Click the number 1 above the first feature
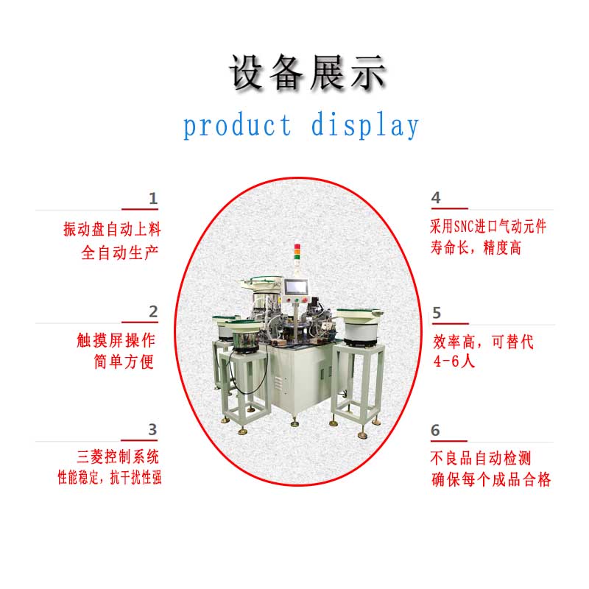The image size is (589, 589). point(153,198)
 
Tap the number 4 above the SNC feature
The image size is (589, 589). point(436,197)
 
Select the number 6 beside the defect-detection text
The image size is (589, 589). point(435,430)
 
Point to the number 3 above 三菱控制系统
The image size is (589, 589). point(152,429)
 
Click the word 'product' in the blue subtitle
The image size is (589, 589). point(237,126)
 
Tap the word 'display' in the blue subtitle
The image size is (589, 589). point(365,125)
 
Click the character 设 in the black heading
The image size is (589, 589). point(247,72)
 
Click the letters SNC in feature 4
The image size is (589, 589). point(464,227)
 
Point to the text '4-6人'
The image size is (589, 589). point(454,361)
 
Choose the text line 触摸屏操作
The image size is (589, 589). point(116,340)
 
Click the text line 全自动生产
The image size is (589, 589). point(120,253)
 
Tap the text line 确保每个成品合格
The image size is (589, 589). point(491,480)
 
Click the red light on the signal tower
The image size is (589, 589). point(297,247)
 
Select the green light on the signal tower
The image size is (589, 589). point(297,257)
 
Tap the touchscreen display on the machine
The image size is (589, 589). point(297,287)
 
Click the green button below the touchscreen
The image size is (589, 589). point(297,300)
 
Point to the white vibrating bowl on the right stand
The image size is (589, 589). point(360,325)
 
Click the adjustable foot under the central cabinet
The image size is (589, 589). point(294,422)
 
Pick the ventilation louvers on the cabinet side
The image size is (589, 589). point(278,384)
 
